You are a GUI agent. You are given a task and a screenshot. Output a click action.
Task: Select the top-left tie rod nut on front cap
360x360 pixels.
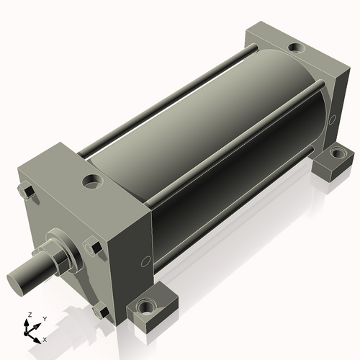click(x=26, y=192)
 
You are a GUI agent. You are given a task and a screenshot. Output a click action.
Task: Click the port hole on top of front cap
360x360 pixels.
click(x=92, y=181)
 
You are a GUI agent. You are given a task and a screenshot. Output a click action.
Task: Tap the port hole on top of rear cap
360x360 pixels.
click(x=297, y=47)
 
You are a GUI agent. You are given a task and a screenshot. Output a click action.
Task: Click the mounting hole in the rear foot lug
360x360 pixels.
click(x=338, y=152)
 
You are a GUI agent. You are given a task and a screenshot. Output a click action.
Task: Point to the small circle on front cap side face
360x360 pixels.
click(x=145, y=261)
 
